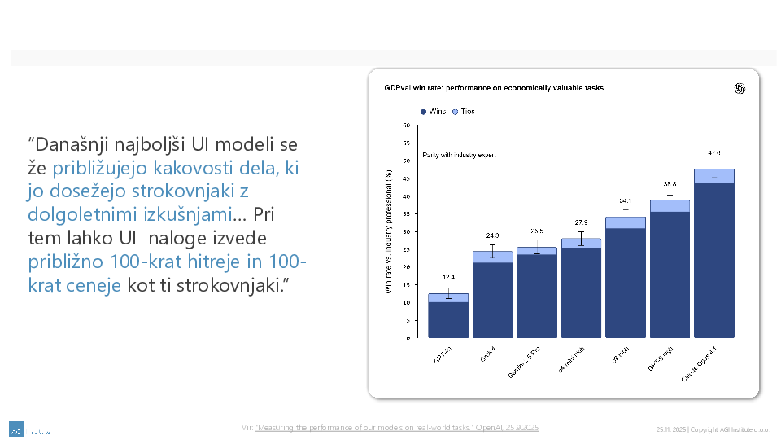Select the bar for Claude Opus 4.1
tap(713, 261)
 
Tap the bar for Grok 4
tap(492, 297)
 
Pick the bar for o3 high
tap(625, 281)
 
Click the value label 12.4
tap(448, 278)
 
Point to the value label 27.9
tap(581, 222)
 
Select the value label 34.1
tap(625, 200)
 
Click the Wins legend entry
tap(433, 112)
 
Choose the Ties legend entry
tap(464, 112)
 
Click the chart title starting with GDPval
tap(494, 87)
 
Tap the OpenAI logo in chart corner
tap(740, 89)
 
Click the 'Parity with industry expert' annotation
tap(459, 155)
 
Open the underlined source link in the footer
tap(397, 428)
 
